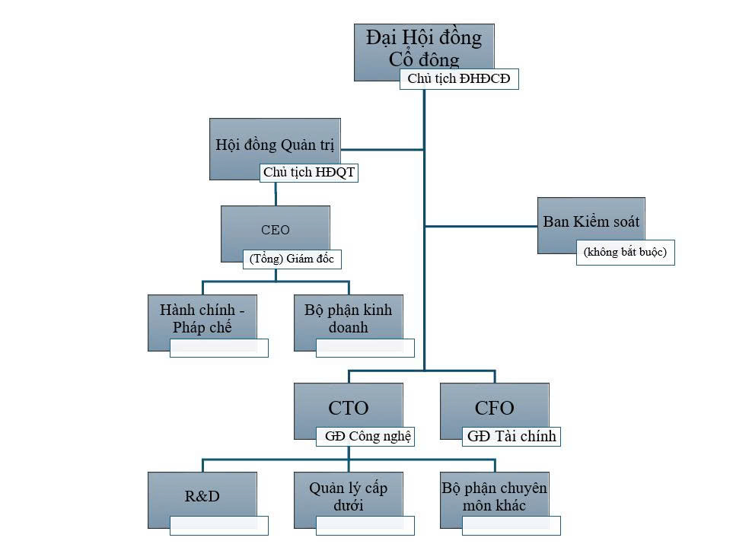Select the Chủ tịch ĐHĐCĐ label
459,79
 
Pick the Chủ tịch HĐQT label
308,173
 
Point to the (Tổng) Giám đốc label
292,259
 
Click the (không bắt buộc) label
625,252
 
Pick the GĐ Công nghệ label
365,436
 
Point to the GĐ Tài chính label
511,436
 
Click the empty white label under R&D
219,525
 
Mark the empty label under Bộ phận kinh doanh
365,348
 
